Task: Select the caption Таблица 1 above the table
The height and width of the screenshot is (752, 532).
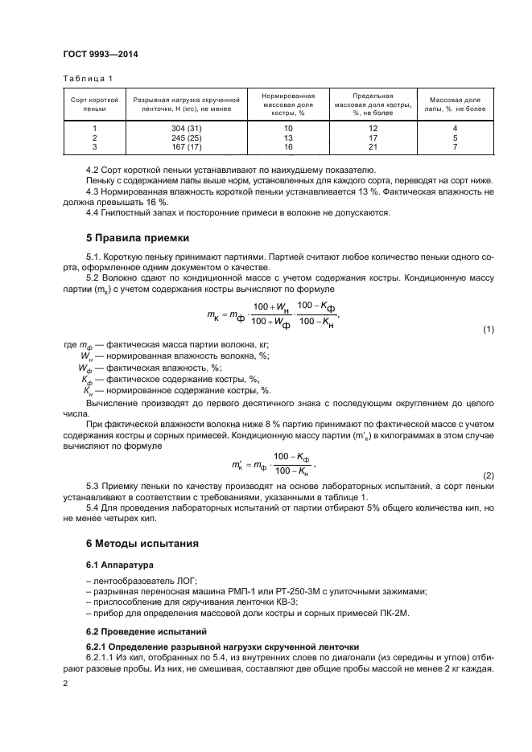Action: click(88, 78)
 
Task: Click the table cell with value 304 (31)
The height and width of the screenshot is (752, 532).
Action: click(185, 129)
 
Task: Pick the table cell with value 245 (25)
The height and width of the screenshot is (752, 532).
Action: click(185, 138)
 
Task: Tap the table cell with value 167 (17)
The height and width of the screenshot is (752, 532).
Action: click(185, 147)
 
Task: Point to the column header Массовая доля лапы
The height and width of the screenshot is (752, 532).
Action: click(455, 102)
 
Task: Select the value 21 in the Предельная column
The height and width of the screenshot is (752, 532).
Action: click(373, 147)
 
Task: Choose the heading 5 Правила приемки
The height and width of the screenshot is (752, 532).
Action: click(138, 238)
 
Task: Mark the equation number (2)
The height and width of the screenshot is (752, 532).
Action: click(488, 475)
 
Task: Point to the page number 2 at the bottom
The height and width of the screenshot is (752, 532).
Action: click(66, 682)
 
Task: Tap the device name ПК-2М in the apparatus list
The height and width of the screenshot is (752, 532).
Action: click(395, 613)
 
